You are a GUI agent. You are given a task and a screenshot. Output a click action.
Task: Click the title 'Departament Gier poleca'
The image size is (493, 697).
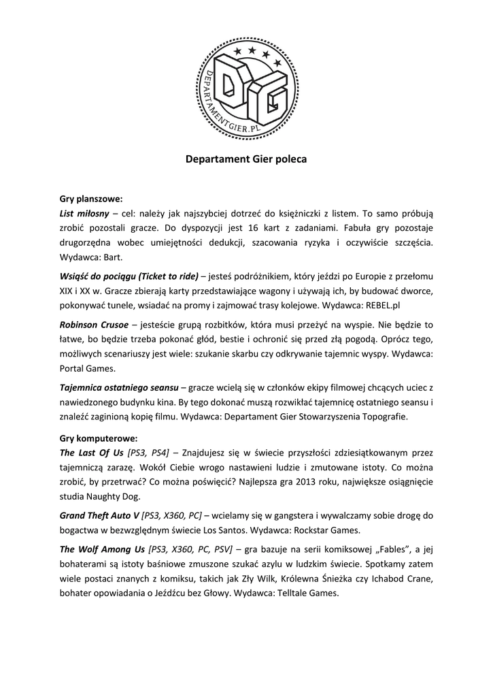tap(246, 159)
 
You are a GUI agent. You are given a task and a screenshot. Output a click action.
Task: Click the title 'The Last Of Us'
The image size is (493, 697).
tap(91, 452)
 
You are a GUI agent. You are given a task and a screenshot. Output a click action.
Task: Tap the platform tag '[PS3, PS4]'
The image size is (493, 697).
tap(148, 452)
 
